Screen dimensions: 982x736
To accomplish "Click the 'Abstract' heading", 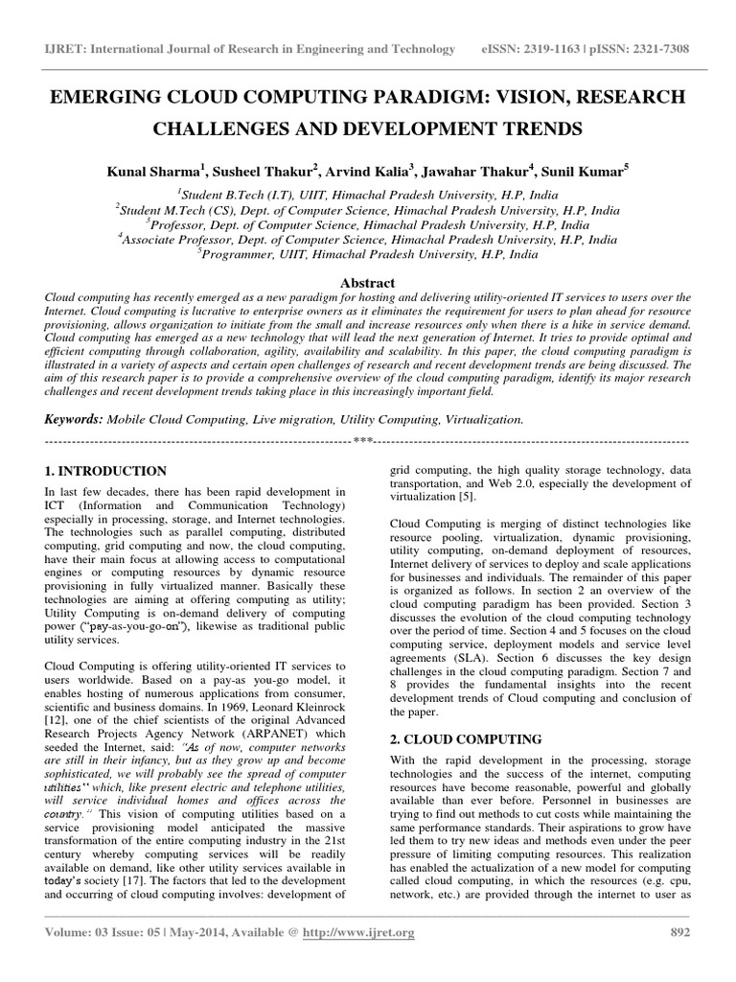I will [x=368, y=283].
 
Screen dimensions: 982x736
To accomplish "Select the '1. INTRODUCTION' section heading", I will [x=106, y=471].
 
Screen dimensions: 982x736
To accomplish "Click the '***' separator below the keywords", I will [x=363, y=440].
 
